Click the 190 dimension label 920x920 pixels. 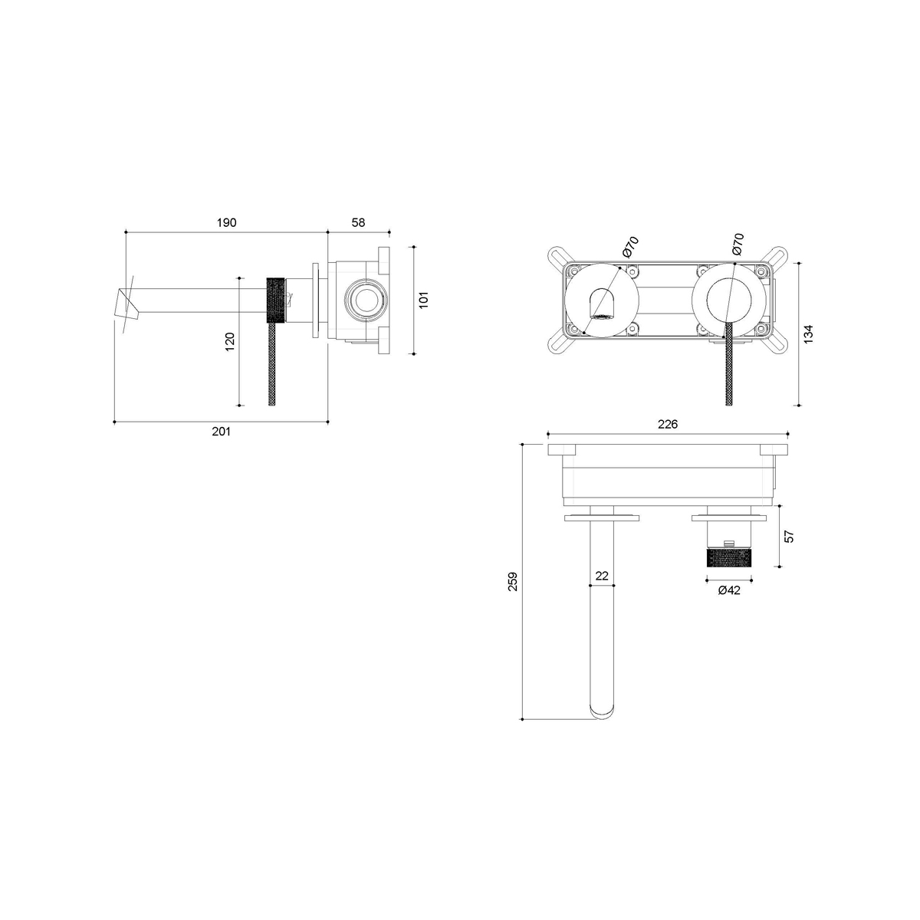pyautogui.click(x=226, y=222)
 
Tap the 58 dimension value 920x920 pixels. pyautogui.click(x=358, y=222)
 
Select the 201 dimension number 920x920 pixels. pyautogui.click(x=221, y=432)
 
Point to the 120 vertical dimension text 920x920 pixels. pyautogui.click(x=230, y=342)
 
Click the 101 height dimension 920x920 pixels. pyautogui.click(x=424, y=300)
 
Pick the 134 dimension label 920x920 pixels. pyautogui.click(x=808, y=334)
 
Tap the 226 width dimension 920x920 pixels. pyautogui.click(x=668, y=424)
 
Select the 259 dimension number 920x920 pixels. pyautogui.click(x=513, y=582)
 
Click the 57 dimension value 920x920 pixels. pyautogui.click(x=790, y=536)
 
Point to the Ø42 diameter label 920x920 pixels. pyautogui.click(x=729, y=590)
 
